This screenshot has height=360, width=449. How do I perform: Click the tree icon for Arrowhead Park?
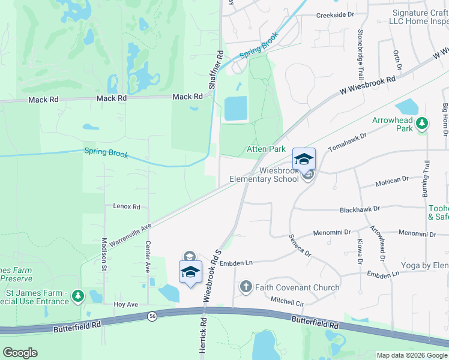[422, 123]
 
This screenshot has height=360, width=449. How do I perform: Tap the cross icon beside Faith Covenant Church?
[246, 287]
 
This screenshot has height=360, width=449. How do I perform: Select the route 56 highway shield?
[153, 316]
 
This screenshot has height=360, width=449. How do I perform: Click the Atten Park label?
[266, 149]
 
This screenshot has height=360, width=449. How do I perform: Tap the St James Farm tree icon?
[77, 296]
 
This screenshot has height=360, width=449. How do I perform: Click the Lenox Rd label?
[126, 206]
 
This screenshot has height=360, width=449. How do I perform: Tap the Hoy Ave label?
[126, 305]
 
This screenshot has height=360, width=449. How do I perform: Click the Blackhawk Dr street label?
[360, 209]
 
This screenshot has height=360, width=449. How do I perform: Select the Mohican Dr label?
[391, 179]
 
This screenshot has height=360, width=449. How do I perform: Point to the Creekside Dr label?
[336, 14]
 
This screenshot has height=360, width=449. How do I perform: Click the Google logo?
[20, 352]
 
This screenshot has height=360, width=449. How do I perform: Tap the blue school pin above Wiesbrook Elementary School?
[304, 160]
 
